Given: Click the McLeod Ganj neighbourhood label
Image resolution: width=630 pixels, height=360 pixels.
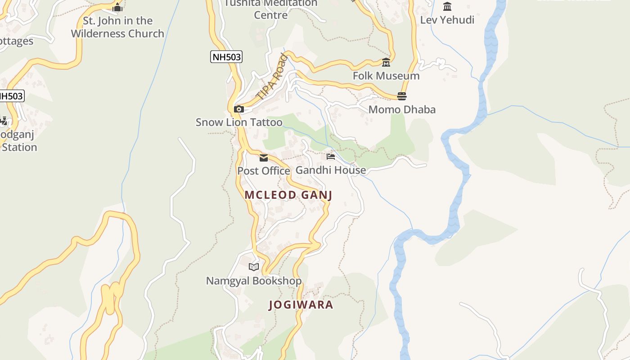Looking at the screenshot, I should pyautogui.click(x=288, y=195).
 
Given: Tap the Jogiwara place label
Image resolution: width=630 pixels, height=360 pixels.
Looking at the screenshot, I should pyautogui.click(x=301, y=305).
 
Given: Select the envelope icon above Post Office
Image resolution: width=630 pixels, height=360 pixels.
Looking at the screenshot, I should pyautogui.click(x=264, y=157).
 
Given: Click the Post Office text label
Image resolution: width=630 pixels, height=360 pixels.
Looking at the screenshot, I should pyautogui.click(x=264, y=171).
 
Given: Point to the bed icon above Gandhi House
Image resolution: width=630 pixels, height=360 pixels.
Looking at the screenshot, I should pyautogui.click(x=331, y=157).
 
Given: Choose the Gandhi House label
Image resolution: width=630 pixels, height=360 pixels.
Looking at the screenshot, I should pyautogui.click(x=331, y=170).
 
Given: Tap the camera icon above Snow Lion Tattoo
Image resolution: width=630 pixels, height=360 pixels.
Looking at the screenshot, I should pyautogui.click(x=239, y=109).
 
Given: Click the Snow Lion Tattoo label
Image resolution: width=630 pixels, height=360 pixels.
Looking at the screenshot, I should pyautogui.click(x=239, y=122).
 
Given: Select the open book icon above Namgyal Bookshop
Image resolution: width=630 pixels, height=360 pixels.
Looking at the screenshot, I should pyautogui.click(x=254, y=267).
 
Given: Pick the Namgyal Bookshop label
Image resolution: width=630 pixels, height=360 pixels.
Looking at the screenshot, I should pyautogui.click(x=254, y=281).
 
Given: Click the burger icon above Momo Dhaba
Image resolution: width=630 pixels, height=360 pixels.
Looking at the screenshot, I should pyautogui.click(x=402, y=96).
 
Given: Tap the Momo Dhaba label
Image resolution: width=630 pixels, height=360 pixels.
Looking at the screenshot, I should pyautogui.click(x=402, y=109).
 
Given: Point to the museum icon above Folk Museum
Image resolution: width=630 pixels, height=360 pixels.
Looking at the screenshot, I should pyautogui.click(x=386, y=62).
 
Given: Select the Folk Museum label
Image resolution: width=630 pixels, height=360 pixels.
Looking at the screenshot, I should pyautogui.click(x=386, y=76).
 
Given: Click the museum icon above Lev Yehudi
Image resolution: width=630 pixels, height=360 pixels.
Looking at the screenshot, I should pyautogui.click(x=447, y=6).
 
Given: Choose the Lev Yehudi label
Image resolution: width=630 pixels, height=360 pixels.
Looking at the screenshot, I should pyautogui.click(x=447, y=20).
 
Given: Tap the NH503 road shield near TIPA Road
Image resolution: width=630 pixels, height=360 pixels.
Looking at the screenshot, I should pyautogui.click(x=226, y=57).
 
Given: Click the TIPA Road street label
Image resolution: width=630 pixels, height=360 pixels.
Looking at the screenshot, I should pyautogui.click(x=272, y=76).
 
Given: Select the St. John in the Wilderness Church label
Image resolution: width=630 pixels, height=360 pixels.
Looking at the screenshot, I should pyautogui.click(x=117, y=27).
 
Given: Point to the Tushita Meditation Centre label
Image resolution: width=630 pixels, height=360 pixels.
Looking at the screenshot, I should pyautogui.click(x=271, y=9).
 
